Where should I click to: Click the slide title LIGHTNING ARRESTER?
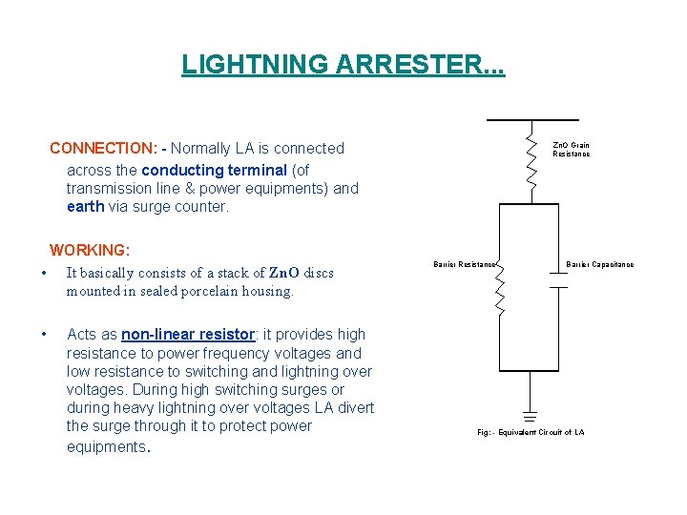[343, 66]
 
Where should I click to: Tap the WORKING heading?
[90, 251]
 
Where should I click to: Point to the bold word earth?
[85, 206]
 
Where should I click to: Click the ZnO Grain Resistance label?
[571, 150]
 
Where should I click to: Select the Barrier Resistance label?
[465, 264]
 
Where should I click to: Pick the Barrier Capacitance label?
[599, 264]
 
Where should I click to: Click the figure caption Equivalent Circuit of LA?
[531, 432]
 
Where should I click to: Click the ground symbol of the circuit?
[531, 416]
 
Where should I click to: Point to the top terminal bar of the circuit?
[530, 120]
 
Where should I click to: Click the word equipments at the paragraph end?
[104, 446]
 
